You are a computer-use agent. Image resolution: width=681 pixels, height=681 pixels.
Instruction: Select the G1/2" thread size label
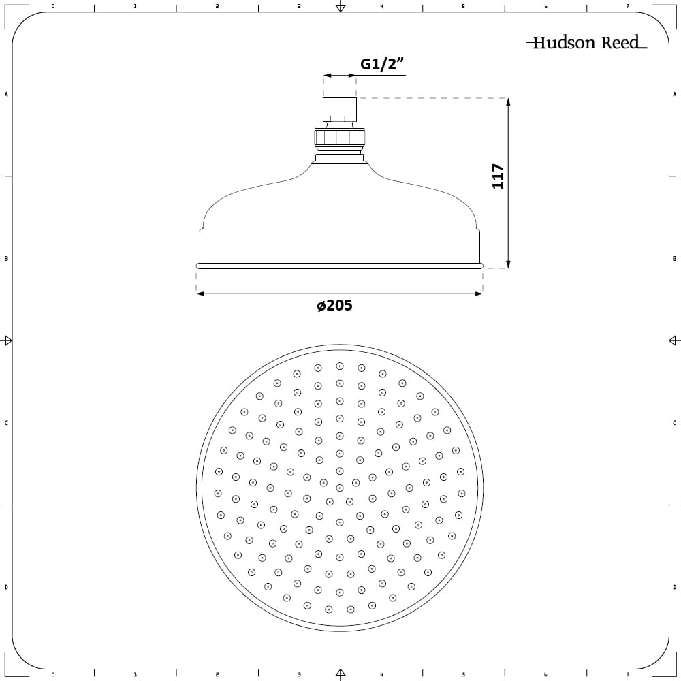(x=382, y=65)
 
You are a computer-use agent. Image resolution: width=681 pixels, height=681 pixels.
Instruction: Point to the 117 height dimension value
(x=498, y=176)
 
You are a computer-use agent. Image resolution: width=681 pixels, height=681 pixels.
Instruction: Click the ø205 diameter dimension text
(x=334, y=306)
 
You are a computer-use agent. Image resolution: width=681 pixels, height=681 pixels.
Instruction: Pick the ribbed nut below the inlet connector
(x=339, y=138)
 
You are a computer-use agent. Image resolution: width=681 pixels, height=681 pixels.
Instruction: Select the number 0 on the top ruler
(x=53, y=6)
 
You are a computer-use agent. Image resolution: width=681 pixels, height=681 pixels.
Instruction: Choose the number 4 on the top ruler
(x=381, y=6)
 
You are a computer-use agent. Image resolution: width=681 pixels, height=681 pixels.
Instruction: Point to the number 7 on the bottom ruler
(x=627, y=675)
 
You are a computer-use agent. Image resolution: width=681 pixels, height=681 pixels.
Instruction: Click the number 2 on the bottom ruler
(x=217, y=675)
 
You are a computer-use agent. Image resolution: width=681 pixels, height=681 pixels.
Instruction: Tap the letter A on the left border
(x=6, y=94)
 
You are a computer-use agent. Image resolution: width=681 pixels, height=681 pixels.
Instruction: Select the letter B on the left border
(x=6, y=259)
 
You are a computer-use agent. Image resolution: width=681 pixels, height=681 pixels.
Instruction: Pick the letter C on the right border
(x=674, y=423)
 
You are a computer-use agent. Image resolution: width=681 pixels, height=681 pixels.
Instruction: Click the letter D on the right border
(x=674, y=587)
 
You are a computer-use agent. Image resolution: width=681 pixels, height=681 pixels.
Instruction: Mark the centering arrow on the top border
(x=340, y=7)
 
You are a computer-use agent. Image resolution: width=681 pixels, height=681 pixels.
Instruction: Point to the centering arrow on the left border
(x=7, y=340)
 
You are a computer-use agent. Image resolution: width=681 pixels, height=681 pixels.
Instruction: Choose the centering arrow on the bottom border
(x=340, y=674)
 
